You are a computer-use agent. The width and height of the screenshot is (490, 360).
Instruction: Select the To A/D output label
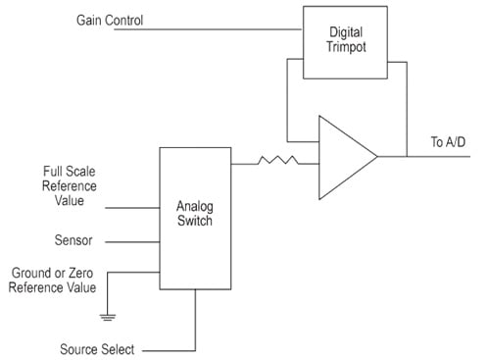pos(448,143)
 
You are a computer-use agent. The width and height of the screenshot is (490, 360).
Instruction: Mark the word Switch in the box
pos(195,222)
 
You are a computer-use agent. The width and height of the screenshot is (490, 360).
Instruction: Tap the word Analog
pos(195,206)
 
